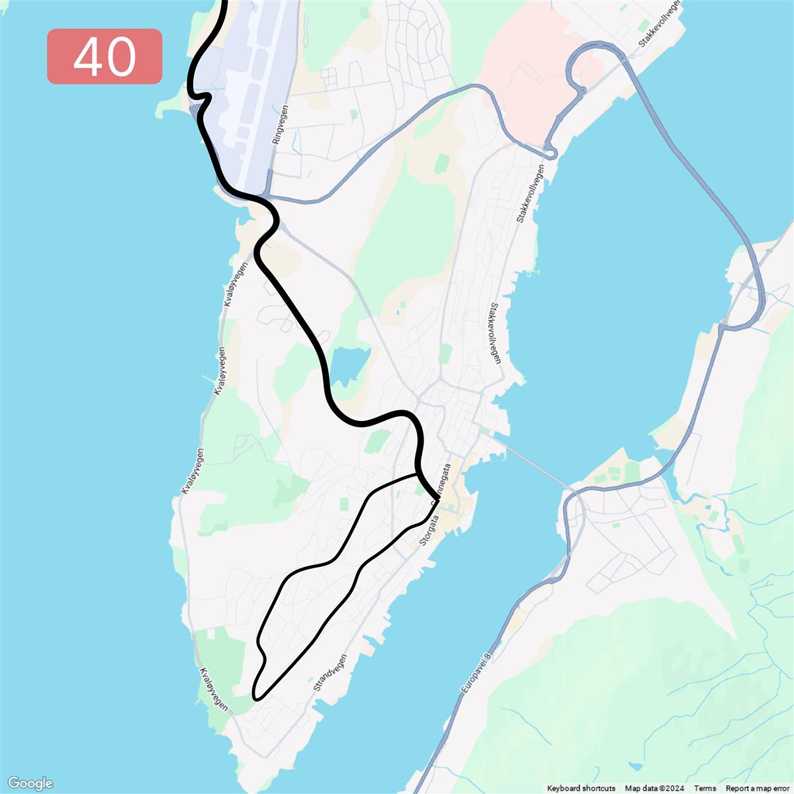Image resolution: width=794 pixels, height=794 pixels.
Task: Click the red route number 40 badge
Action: (x=105, y=56)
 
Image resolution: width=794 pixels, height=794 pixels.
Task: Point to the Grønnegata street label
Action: (x=443, y=483)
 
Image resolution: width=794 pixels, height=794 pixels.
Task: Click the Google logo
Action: (x=30, y=783)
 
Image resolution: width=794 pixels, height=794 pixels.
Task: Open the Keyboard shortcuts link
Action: (x=581, y=788)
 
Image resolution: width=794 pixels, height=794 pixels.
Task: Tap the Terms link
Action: (x=705, y=788)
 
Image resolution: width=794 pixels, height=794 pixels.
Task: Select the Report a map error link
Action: (x=758, y=788)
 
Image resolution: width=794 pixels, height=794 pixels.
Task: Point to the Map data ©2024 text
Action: (x=654, y=788)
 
